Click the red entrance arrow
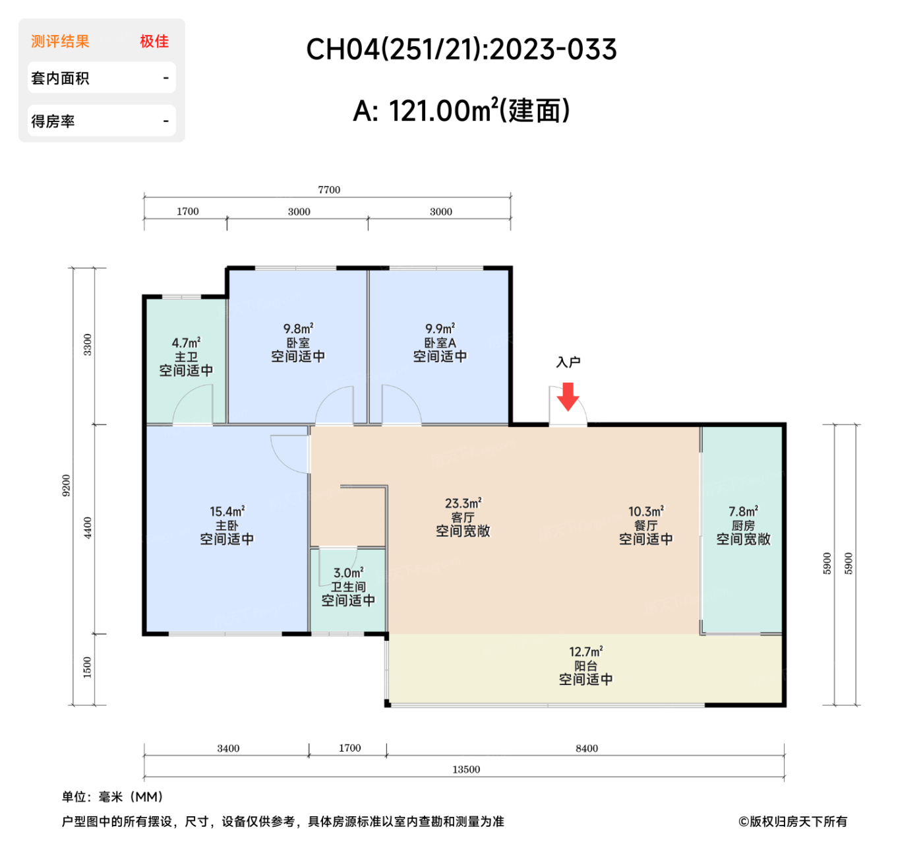(x=568, y=396)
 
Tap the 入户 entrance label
(x=568, y=362)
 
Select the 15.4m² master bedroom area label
(x=227, y=511)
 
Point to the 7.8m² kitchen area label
(x=743, y=511)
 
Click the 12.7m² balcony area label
(x=585, y=651)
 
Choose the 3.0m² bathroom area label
(x=348, y=573)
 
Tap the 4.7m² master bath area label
(x=186, y=342)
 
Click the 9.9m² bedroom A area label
(x=440, y=329)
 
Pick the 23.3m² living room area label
(x=463, y=503)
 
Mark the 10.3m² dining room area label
(x=646, y=511)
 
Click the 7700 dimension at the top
(x=329, y=190)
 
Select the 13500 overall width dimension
(x=466, y=769)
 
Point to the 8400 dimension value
(x=587, y=748)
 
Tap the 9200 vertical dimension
(x=66, y=486)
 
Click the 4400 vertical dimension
(x=88, y=528)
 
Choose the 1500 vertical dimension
(x=88, y=668)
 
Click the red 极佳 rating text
(x=154, y=42)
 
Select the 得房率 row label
(x=53, y=121)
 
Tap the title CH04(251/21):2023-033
(x=461, y=49)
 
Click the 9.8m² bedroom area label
(x=298, y=329)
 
